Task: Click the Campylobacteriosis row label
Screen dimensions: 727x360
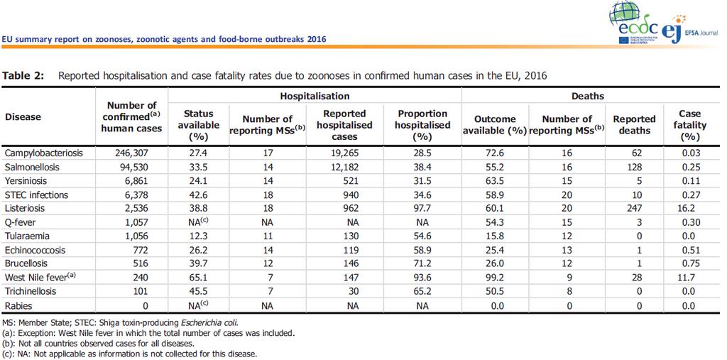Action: pos(43,153)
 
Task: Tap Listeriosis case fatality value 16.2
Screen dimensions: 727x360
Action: pos(690,208)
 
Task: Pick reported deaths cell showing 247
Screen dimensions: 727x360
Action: pos(634,208)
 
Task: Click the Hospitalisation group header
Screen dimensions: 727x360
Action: pos(315,96)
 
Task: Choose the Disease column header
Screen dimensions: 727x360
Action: pos(23,116)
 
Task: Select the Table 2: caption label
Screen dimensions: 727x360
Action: pos(23,77)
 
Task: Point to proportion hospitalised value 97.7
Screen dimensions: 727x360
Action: pos(424,208)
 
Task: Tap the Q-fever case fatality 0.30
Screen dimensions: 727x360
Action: pos(690,222)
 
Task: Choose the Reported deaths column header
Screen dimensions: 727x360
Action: pos(634,125)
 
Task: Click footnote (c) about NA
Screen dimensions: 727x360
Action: pos(129,354)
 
